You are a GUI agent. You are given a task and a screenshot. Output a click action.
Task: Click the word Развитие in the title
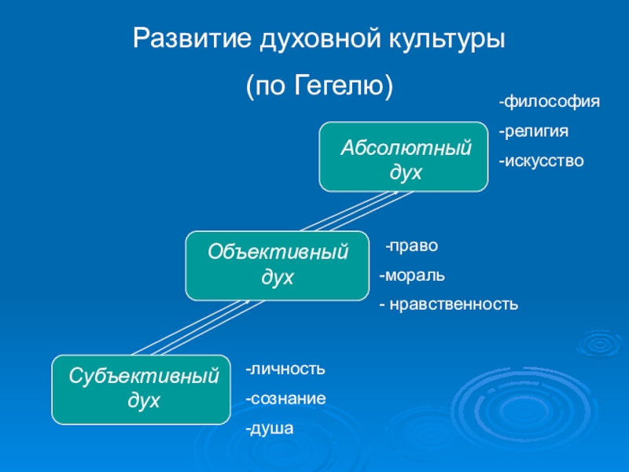click(x=192, y=38)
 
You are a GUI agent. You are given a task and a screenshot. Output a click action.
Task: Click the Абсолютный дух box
click(x=403, y=157)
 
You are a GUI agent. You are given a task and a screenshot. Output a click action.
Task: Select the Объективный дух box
click(x=278, y=266)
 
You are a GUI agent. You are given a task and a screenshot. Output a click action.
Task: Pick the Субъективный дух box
click(x=142, y=389)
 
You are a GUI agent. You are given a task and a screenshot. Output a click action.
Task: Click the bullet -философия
click(x=549, y=102)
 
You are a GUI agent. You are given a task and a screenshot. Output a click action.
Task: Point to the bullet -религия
click(x=534, y=131)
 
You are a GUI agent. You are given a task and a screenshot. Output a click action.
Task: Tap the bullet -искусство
click(x=541, y=161)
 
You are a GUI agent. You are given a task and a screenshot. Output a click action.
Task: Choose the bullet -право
click(x=411, y=245)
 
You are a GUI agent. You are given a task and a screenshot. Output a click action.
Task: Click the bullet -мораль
click(x=412, y=275)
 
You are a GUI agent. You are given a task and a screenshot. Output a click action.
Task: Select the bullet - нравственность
click(x=449, y=304)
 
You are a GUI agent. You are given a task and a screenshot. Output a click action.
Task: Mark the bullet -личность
click(x=285, y=369)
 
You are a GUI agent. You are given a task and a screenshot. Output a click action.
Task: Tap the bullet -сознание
click(x=285, y=399)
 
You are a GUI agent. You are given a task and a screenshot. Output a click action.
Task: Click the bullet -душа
click(x=270, y=429)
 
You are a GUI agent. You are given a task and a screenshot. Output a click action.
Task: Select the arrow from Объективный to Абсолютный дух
click(x=357, y=211)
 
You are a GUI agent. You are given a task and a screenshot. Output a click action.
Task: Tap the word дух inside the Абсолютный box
click(x=406, y=172)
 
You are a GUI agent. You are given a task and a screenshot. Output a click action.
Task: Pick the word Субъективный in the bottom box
click(x=144, y=376)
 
